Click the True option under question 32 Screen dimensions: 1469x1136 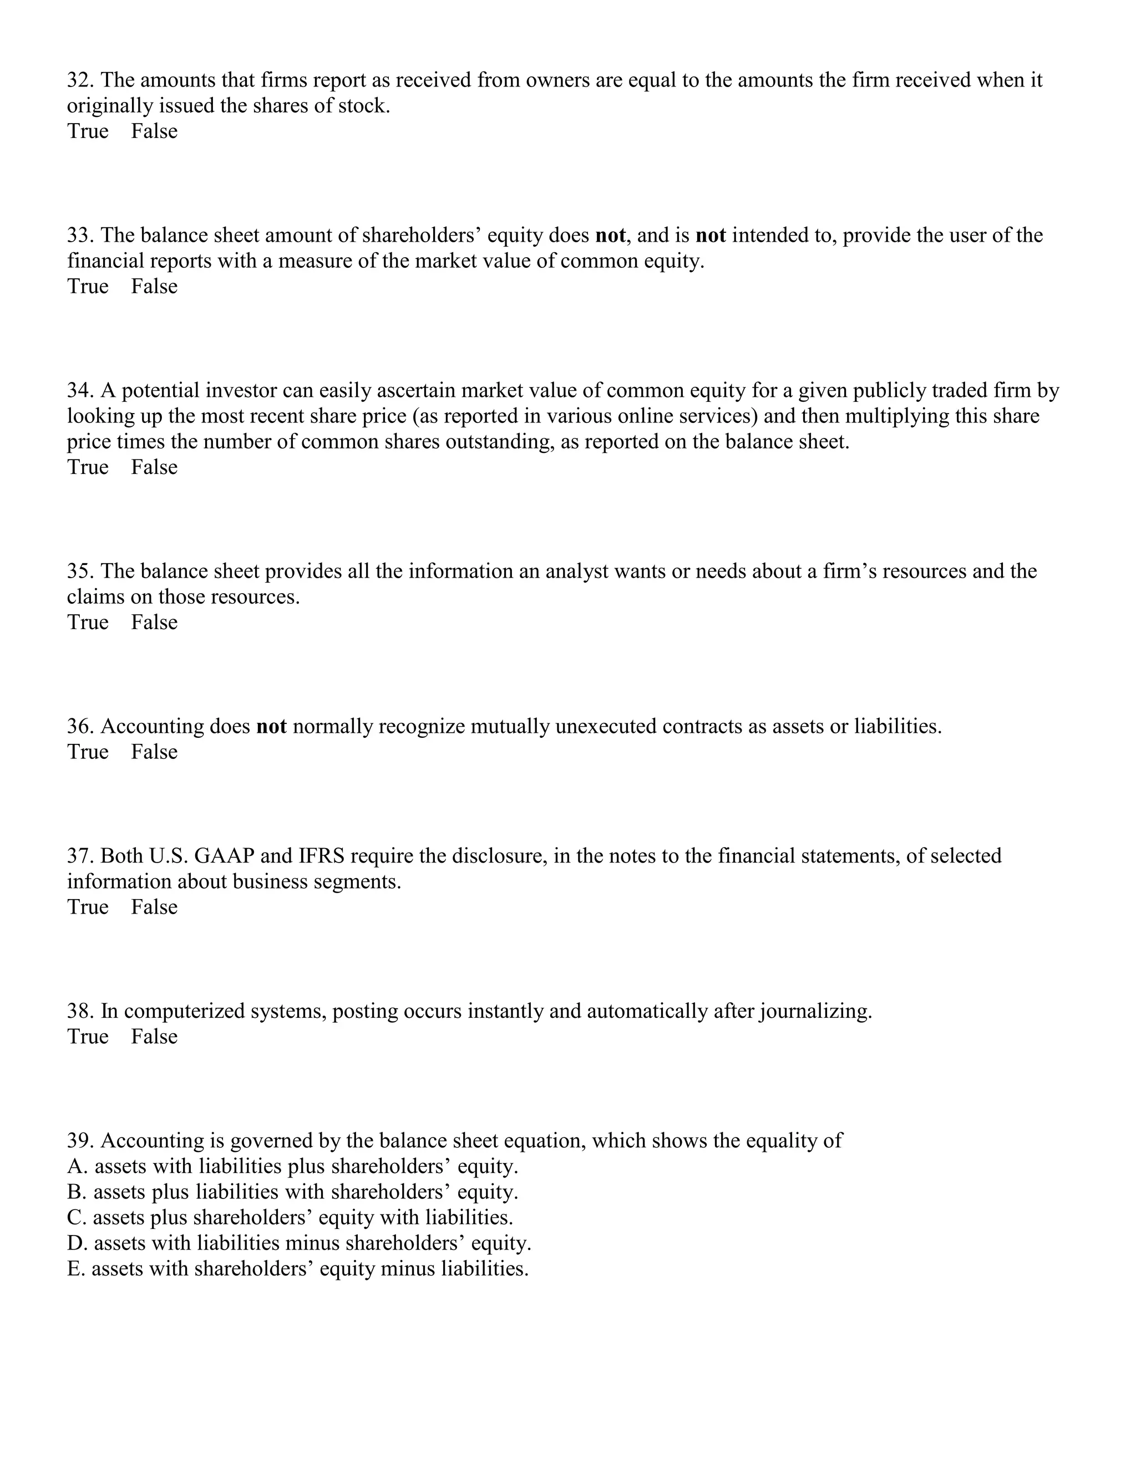[x=88, y=131]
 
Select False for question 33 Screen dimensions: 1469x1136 [x=154, y=287]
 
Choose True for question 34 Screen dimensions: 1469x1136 [x=88, y=467]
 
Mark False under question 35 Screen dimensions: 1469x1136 [x=154, y=622]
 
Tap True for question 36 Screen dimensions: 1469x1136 [x=88, y=752]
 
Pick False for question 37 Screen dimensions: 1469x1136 [x=154, y=907]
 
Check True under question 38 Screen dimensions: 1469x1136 [x=88, y=1037]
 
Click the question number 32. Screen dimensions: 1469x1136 [x=81, y=81]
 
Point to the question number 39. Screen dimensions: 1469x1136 [x=81, y=1141]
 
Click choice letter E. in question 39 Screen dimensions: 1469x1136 [x=76, y=1268]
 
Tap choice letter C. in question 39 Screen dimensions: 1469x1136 [x=77, y=1217]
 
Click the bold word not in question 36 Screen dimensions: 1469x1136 [x=271, y=726]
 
